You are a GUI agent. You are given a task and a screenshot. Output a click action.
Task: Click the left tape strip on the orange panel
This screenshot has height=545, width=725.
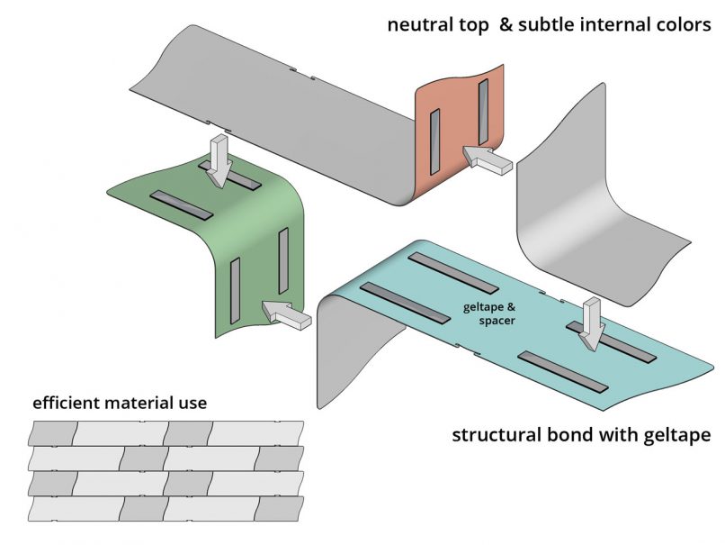click(x=435, y=141)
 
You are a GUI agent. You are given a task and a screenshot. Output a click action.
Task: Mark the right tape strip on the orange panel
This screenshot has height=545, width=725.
click(x=484, y=113)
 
